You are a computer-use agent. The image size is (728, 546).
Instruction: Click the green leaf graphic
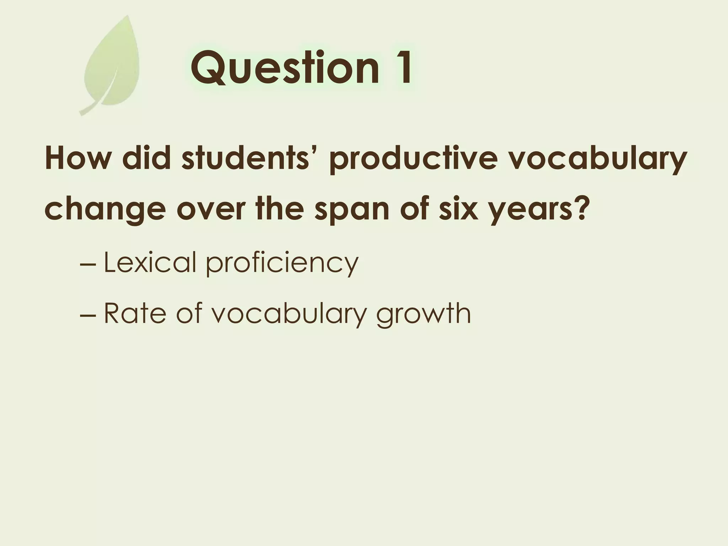tap(112, 64)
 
